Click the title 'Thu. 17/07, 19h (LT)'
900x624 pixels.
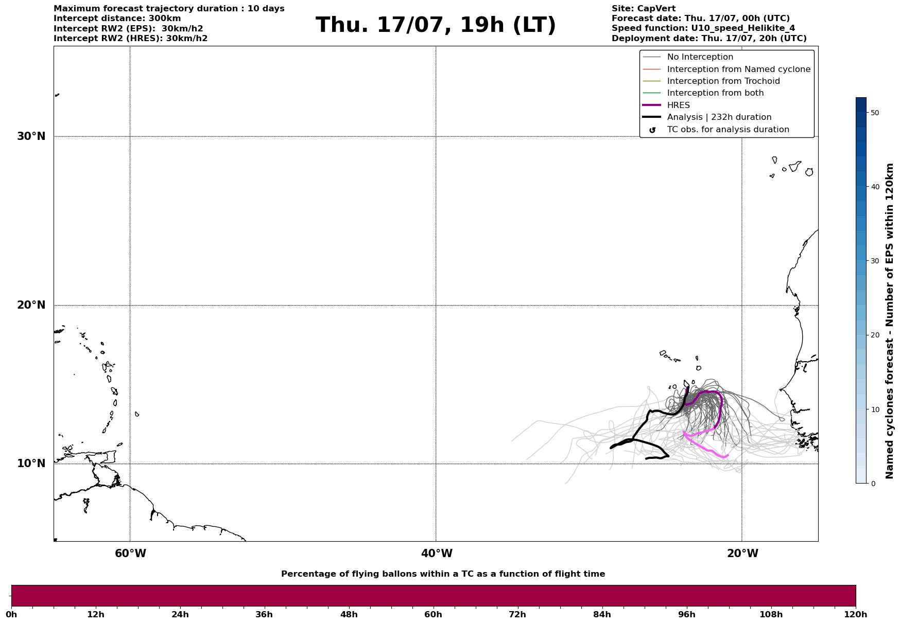(436, 25)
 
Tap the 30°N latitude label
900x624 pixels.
(31, 136)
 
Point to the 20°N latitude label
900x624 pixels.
(31, 305)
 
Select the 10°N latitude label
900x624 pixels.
(31, 463)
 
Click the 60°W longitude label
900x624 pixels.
(130, 554)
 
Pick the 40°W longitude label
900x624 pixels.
(437, 554)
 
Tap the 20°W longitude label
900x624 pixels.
(742, 554)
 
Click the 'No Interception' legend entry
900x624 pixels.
(700, 57)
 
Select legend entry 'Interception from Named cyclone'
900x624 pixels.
(738, 69)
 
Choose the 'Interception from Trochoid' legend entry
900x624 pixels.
(723, 81)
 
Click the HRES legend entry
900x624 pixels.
(678, 105)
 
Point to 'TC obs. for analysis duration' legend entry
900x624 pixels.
(728, 130)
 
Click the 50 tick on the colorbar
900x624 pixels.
(875, 113)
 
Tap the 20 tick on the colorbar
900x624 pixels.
(875, 335)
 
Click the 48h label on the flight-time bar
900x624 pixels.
(349, 614)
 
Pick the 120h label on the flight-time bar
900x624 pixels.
(856, 614)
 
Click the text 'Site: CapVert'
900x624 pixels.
(643, 9)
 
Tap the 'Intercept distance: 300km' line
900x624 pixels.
(117, 19)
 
